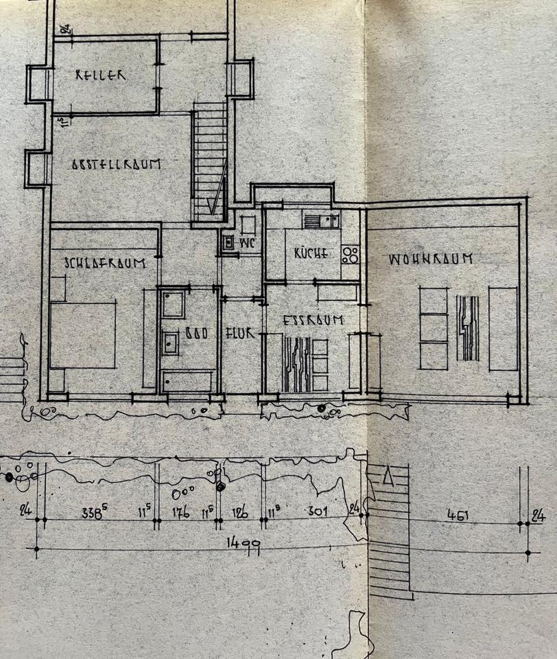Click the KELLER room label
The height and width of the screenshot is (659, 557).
[101, 75]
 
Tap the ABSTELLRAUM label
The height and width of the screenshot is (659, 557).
[116, 165]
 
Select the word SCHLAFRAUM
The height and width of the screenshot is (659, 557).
[105, 262]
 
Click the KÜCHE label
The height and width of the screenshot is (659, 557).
[311, 253]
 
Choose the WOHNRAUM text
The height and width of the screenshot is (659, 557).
[431, 259]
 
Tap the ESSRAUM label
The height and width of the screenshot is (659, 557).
[303, 319]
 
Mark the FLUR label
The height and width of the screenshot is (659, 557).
[240, 334]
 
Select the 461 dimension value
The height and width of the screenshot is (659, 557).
[458, 514]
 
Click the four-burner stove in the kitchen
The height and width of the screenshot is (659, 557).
[350, 255]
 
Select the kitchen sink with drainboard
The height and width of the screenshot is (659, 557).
[321, 220]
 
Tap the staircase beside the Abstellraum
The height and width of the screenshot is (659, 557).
[209, 161]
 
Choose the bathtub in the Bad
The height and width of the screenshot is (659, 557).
[188, 380]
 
